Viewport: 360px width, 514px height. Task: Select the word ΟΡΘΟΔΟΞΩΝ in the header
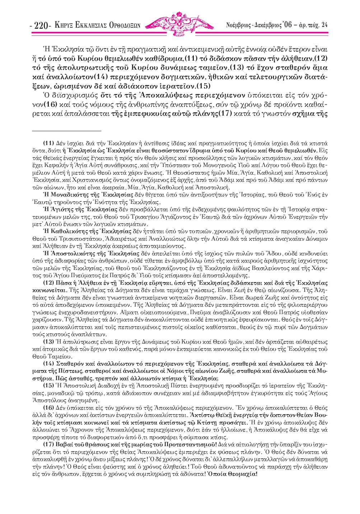124,25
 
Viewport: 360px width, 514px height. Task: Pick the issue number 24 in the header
324,25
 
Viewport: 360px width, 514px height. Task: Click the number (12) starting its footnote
48,283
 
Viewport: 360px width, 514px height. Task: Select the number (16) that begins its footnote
48,407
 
